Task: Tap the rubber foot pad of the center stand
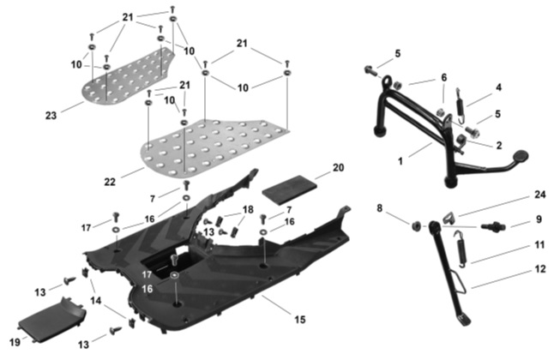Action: [x=520, y=158]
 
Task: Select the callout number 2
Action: [x=498, y=146]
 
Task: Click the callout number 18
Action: [x=248, y=209]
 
